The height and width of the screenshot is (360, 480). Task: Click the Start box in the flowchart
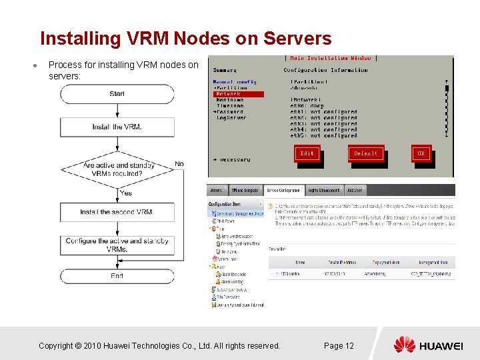[x=117, y=94]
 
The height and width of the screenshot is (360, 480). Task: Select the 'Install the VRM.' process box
[x=117, y=127]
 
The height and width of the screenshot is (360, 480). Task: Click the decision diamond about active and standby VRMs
[x=117, y=169]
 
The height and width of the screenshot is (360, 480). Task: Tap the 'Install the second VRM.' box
[x=117, y=212]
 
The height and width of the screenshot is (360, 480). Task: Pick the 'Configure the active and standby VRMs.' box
[x=117, y=245]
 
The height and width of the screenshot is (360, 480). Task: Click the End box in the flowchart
[x=117, y=275]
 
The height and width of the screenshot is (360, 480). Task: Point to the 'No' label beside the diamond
[x=179, y=164]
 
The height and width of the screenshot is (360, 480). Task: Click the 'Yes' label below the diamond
[x=126, y=193]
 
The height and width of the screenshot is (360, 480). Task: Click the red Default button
[x=365, y=153]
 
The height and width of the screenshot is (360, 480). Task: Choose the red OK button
[x=421, y=153]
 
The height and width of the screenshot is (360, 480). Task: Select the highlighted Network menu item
[x=228, y=94]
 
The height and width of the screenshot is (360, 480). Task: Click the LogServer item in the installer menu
[x=231, y=118]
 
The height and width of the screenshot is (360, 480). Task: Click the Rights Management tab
[x=325, y=191]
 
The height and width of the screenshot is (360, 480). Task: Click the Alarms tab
[x=217, y=191]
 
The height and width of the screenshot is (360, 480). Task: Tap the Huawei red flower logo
[x=404, y=345]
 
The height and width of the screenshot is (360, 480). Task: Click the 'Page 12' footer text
[x=339, y=345]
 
